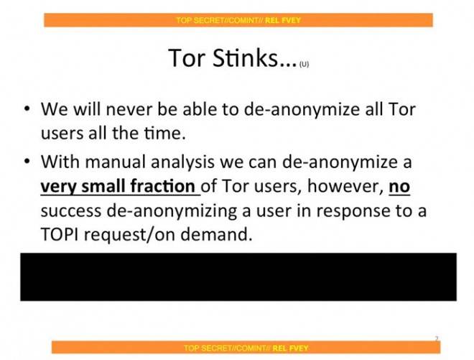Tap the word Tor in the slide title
[x=187, y=57]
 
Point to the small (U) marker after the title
[x=304, y=64]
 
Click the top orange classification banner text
[x=238, y=20]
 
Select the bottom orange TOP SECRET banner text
[x=246, y=348]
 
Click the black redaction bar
[x=238, y=277]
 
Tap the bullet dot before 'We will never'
[x=27, y=109]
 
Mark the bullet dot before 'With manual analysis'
[x=27, y=161]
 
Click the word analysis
[x=182, y=162]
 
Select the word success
[x=71, y=211]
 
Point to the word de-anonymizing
[x=172, y=211]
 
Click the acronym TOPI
[x=60, y=234]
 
